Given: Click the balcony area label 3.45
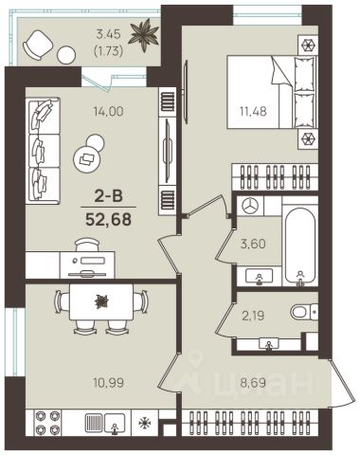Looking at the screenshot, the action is (108, 34).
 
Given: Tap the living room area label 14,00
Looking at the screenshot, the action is (108, 111).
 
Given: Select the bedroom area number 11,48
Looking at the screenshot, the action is (253, 111).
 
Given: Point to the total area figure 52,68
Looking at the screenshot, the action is (108, 219).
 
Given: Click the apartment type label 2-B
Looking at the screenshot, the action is (108, 197).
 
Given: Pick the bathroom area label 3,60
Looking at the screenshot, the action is (253, 244).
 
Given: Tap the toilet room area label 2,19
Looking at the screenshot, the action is (253, 316).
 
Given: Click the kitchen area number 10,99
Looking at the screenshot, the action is (108, 383).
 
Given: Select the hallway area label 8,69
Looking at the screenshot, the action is (253, 383).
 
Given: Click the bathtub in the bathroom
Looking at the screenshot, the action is (300, 246).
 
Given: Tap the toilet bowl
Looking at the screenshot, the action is (304, 313).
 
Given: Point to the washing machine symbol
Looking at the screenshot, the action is (250, 206).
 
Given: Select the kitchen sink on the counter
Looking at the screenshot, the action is (115, 423).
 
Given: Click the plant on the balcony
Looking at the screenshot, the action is (144, 35).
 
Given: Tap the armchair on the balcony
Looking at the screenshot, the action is (37, 45).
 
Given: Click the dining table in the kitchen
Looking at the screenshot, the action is (101, 301).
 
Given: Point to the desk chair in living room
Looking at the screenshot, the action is (87, 245).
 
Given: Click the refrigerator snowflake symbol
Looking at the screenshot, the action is (145, 423).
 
